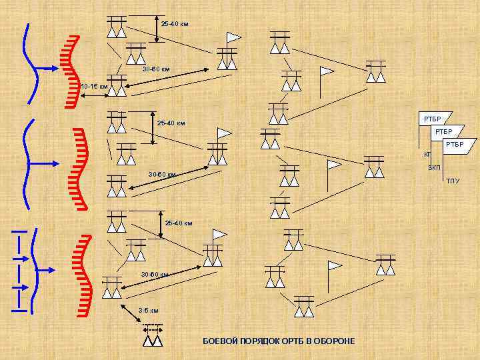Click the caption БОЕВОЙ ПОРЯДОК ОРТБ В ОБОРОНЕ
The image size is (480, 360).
(279, 341)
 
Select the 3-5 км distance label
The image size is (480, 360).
(148, 311)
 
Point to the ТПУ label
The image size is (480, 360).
(453, 181)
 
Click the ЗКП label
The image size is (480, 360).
(433, 167)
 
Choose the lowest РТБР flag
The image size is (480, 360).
(457, 145)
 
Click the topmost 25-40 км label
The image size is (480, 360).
(175, 24)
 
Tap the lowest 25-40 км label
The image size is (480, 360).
(179, 223)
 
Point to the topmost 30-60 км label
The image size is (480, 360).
(156, 69)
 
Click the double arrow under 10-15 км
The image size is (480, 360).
(93, 96)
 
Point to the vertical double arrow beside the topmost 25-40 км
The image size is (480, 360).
(155, 29)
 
